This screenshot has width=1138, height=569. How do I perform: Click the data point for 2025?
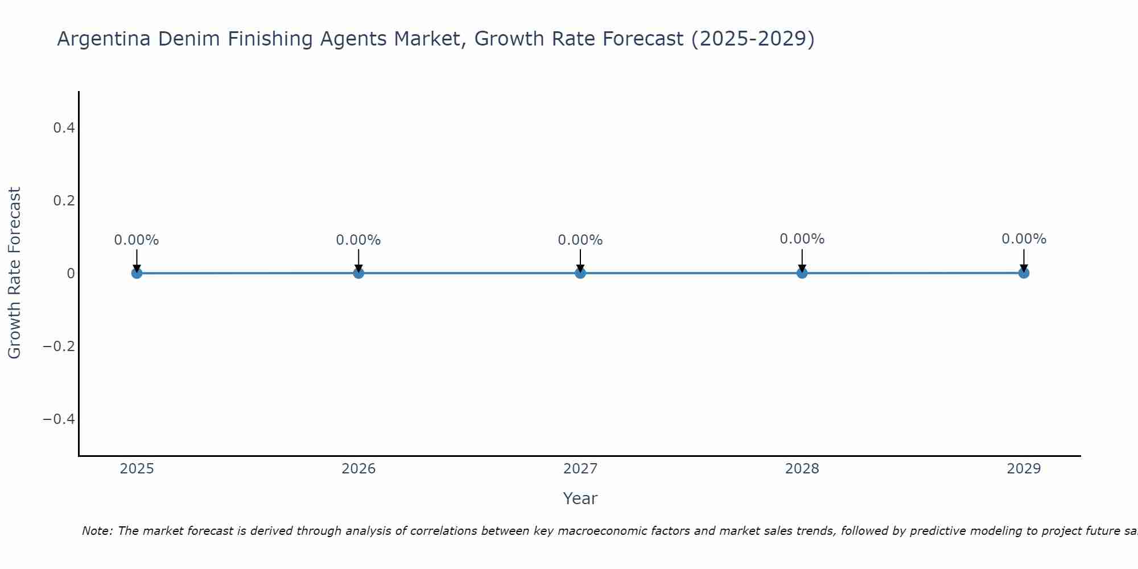point(137,273)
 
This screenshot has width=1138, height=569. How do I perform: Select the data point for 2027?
point(580,273)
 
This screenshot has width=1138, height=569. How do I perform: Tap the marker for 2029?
point(1024,273)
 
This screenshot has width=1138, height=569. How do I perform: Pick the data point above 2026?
point(358,273)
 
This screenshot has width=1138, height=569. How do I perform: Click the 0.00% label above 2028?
point(802,239)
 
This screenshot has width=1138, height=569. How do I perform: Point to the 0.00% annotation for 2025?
point(137,240)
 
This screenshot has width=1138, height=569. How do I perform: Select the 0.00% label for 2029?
point(1024,239)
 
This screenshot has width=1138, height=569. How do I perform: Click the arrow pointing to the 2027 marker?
point(580,261)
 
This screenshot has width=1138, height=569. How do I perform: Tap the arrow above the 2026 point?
point(358,261)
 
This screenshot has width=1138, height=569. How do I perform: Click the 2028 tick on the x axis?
point(802,469)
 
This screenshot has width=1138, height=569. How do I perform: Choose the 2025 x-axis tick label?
point(137,469)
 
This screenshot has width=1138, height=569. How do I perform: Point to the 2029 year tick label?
point(1024,469)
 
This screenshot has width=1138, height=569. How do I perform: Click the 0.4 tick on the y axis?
point(64,128)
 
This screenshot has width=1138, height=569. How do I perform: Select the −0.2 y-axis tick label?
point(59,347)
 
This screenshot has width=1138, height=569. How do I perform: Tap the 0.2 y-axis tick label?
point(64,201)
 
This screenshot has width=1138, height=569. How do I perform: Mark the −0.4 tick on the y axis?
point(59,419)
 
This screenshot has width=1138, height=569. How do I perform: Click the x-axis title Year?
point(580,498)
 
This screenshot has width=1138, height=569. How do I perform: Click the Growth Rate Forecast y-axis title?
point(14,273)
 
